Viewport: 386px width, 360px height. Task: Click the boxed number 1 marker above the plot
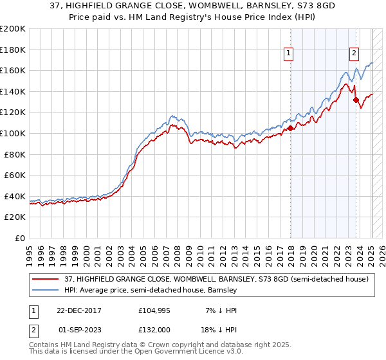288,53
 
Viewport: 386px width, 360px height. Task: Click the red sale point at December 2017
290,128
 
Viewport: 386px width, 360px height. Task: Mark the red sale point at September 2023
356,100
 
